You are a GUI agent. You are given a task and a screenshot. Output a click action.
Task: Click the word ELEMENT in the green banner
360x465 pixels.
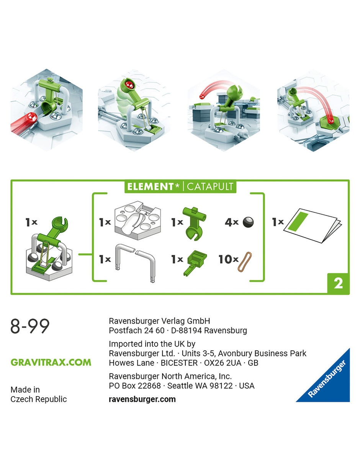coord(150,187)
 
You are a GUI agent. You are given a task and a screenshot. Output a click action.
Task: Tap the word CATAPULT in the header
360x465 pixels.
coord(210,187)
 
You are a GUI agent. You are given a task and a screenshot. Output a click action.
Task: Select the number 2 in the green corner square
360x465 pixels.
coord(338,283)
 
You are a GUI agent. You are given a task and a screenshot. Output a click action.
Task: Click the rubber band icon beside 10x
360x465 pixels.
coord(245,262)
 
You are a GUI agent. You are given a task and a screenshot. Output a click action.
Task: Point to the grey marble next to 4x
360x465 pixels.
coord(248,222)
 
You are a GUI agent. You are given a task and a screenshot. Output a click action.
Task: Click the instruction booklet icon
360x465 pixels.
coord(313,225)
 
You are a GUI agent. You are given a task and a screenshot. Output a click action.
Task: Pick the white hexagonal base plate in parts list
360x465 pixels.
coord(137,220)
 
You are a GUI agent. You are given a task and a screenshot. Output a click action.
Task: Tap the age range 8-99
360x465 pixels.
coord(30,326)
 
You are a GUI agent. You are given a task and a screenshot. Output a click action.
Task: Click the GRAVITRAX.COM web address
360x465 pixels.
coord(51,362)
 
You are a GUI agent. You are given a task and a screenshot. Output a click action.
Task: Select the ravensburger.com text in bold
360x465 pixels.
coord(142,399)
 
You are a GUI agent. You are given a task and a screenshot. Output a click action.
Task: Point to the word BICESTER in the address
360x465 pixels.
coord(179,363)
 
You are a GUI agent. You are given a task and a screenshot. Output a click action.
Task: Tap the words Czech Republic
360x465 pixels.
coord(39,399)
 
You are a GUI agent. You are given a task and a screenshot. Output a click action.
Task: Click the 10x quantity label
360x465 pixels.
coord(228,259)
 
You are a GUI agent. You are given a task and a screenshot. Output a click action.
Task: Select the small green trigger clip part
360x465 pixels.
coord(195,263)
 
